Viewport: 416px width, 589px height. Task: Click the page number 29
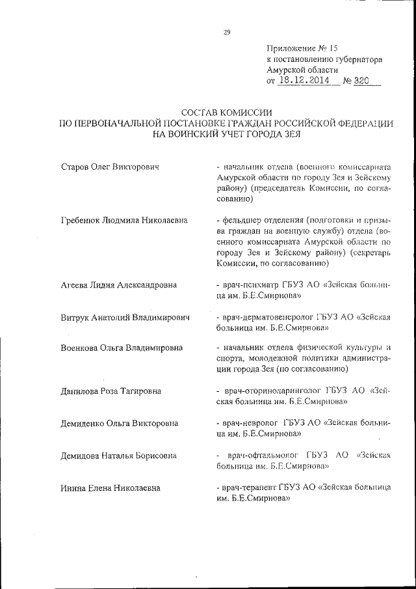coord(227,31)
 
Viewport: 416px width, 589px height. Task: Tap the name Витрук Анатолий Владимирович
coord(124,318)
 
